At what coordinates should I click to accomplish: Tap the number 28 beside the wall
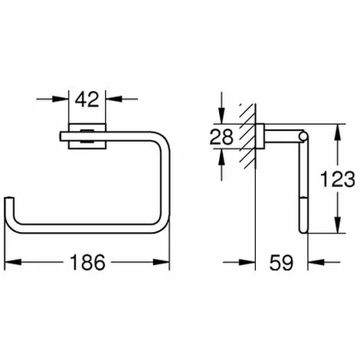coord(221,138)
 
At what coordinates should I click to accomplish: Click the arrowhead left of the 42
coord(62,98)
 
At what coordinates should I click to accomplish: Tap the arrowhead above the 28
coord(221,117)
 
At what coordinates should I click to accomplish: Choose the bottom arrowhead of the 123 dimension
coord(335,229)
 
